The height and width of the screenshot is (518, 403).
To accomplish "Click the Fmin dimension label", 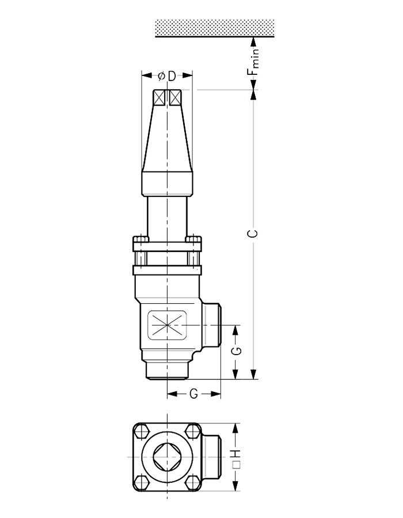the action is click(x=253, y=62).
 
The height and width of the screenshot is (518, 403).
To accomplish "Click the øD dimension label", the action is click(x=167, y=76).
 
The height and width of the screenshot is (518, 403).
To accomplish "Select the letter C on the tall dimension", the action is click(x=253, y=233).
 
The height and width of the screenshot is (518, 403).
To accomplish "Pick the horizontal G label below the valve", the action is click(x=194, y=394).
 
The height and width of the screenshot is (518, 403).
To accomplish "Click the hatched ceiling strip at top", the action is click(x=215, y=28).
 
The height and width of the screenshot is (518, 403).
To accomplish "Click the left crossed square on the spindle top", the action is click(x=159, y=98).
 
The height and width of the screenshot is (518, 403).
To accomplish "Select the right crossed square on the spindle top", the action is click(x=175, y=98).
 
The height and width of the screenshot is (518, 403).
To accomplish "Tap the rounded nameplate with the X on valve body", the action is click(x=167, y=325).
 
